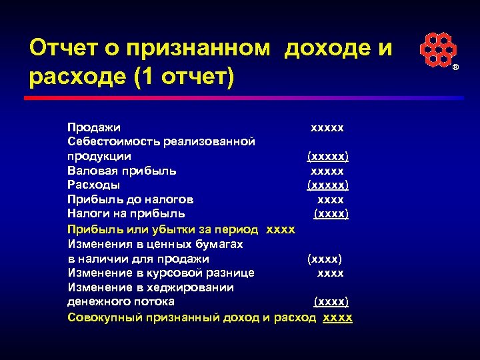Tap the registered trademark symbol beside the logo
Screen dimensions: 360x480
[456, 69]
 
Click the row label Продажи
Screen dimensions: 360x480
[94, 126]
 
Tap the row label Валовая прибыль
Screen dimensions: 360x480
[121, 170]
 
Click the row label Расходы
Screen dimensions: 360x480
[94, 185]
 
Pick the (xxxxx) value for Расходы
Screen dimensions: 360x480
[327, 185]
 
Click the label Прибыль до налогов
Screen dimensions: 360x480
[131, 199]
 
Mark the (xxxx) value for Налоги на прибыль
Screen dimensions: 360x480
[331, 214]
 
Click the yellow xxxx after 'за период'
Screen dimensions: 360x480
[280, 229]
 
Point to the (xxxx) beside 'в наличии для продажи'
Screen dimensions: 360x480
[324, 259]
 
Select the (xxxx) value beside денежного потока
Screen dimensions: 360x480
[331, 302]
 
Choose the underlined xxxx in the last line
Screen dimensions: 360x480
[337, 317]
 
